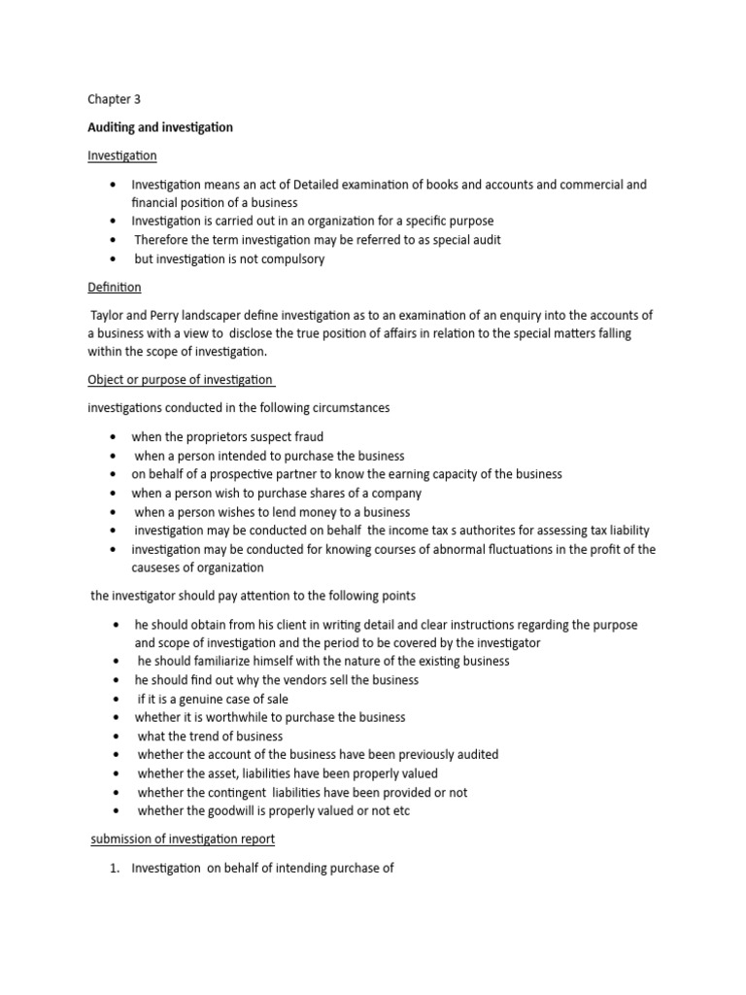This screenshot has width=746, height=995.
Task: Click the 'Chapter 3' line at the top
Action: pos(114,99)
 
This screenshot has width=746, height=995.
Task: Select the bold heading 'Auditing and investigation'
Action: pos(160,127)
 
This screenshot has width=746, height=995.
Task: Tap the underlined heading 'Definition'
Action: pos(115,287)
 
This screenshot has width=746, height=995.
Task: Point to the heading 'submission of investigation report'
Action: pos(183,839)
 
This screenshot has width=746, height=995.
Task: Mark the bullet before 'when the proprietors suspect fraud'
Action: pos(115,437)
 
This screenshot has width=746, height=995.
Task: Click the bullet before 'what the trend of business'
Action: pos(116,737)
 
